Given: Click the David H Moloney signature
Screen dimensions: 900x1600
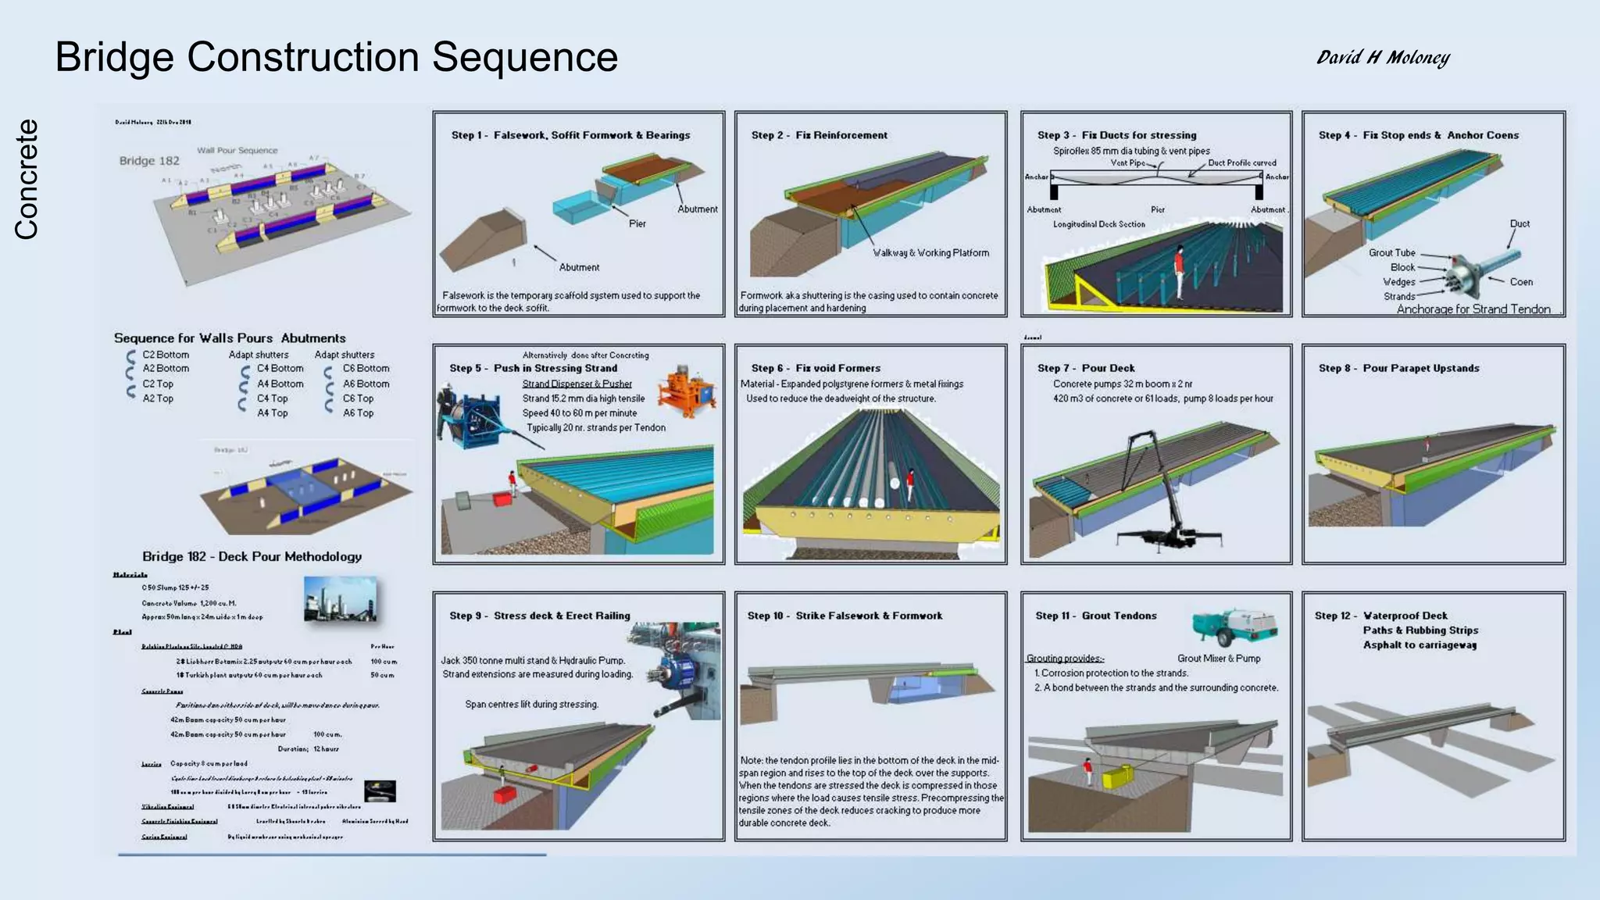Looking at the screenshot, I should pos(1383,57).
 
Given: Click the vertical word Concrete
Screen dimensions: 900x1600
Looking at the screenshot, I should pos(26,179).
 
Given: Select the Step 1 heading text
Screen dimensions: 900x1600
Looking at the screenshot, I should pos(570,135).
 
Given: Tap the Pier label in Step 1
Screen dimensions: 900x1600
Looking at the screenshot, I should pos(637,223).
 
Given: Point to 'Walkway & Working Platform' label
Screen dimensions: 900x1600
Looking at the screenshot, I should pos(930,253).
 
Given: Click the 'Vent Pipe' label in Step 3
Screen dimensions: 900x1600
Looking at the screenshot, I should pos(1127,163).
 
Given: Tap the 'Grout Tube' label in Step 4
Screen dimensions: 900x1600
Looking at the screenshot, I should pos(1391,252).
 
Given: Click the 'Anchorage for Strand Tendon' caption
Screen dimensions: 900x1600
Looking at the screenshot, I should pos(1473,309).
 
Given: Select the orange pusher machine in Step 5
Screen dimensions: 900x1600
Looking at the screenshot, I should pos(686,391).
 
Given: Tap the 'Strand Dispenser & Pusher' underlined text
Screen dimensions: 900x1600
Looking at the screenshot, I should pos(577,384).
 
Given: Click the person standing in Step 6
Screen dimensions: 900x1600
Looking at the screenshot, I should pos(910,484).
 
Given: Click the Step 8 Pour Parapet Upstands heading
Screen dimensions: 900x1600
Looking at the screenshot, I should pos(1398,368).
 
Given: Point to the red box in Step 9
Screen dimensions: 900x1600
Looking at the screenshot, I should pos(503,795).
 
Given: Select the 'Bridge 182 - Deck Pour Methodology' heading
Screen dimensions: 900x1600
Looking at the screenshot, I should pos(252,556).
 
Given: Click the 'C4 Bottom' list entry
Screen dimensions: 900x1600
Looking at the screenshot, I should pos(280,369).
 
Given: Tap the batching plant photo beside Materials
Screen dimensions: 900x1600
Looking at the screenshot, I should pos(340,599).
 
